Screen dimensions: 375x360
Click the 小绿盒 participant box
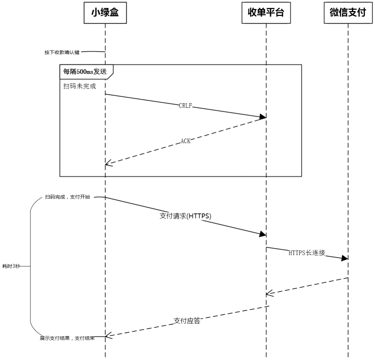click(x=105, y=13)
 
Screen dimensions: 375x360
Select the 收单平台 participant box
click(x=266, y=13)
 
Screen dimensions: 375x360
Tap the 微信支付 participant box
click(x=348, y=13)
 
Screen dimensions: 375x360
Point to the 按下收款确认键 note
click(x=62, y=52)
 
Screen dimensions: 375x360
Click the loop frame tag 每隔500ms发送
click(x=85, y=71)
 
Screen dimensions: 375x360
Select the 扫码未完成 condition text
click(x=80, y=86)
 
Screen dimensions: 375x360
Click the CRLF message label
click(x=185, y=105)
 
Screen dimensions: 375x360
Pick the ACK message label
click(x=185, y=141)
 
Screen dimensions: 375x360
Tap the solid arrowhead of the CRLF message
click(x=263, y=117)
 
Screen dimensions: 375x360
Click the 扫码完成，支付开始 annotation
click(x=68, y=197)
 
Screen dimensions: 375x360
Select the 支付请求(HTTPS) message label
click(x=185, y=216)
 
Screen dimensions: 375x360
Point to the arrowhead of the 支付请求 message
click(x=262, y=234)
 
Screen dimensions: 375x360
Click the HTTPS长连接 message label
click(x=307, y=253)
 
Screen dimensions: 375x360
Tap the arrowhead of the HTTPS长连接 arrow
click(x=345, y=258)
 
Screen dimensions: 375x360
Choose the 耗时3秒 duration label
click(x=11, y=266)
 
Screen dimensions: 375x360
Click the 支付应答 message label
click(x=187, y=320)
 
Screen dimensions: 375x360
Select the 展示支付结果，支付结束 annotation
click(x=67, y=338)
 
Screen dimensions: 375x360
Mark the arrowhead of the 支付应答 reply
click(x=109, y=336)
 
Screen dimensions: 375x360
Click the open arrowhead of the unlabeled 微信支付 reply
click(x=270, y=293)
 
